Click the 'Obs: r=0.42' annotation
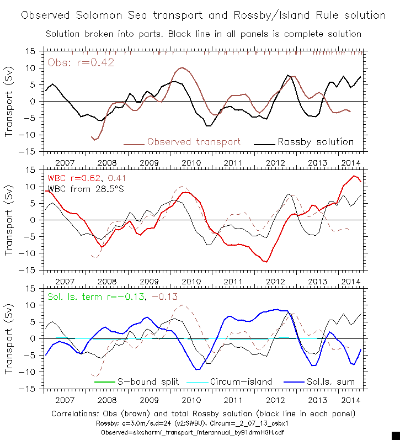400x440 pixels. (x=81, y=62)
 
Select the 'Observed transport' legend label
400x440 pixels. (x=193, y=142)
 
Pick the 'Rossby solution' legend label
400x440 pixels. (x=316, y=142)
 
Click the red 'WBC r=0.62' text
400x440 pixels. (x=74, y=179)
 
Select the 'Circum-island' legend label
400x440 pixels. (x=238, y=381)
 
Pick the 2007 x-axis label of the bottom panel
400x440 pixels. (x=64, y=400)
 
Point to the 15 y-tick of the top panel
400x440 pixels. (x=31, y=51)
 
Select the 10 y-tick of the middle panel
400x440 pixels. (x=31, y=187)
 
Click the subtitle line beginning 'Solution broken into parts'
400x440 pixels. (x=203, y=34)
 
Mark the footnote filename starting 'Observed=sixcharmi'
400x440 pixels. (x=203, y=432)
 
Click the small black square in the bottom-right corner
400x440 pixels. (x=395, y=436)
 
